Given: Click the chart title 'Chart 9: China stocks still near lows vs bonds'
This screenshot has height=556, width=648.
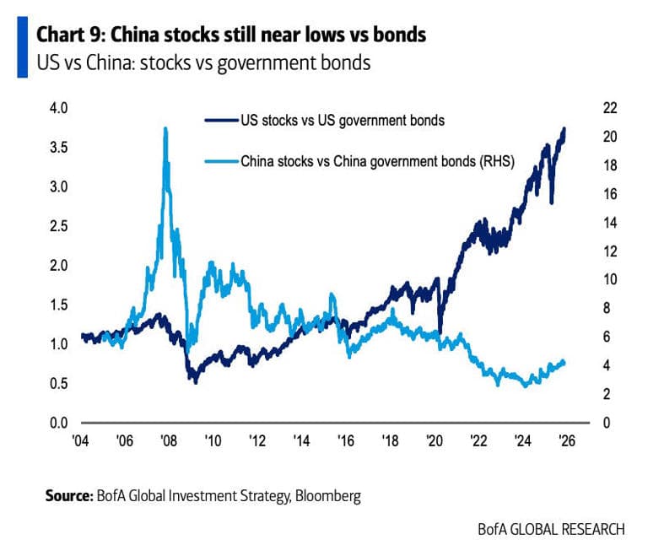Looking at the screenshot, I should pos(230,35).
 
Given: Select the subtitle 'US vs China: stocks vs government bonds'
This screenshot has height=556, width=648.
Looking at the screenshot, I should pos(203,63).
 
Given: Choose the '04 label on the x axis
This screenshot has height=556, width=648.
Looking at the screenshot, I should pos(80,441).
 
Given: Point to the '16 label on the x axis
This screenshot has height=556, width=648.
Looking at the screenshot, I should pos(345,441).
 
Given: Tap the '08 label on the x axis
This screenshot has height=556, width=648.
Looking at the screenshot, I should pos(168,441).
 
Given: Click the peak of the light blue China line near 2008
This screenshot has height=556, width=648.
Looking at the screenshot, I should pos(165,128).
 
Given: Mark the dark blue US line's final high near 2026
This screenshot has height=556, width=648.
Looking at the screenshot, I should pos(564,129).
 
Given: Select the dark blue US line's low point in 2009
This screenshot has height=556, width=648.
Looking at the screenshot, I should pos(196,382).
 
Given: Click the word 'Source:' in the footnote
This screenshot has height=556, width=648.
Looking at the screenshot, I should pos(68,497).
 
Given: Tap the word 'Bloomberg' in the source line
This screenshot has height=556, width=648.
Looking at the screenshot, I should pos(327,497).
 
